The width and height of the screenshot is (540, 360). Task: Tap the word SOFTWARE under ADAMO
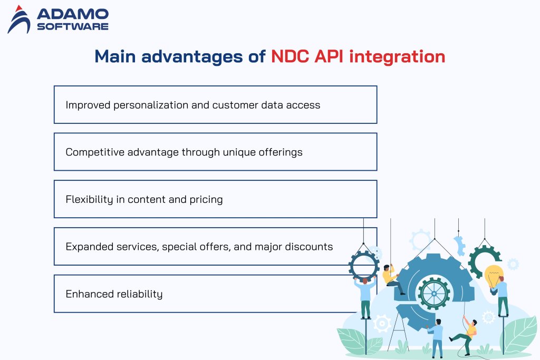tap(72, 26)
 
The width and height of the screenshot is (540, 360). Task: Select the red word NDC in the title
tap(291, 56)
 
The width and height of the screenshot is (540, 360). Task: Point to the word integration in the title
tap(397, 56)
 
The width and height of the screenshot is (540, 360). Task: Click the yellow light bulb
tap(494, 276)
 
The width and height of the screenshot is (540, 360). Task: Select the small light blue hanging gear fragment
tap(459, 245)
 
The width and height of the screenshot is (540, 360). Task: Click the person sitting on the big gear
tap(391, 277)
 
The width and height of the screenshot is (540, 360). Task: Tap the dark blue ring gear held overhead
tap(364, 264)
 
